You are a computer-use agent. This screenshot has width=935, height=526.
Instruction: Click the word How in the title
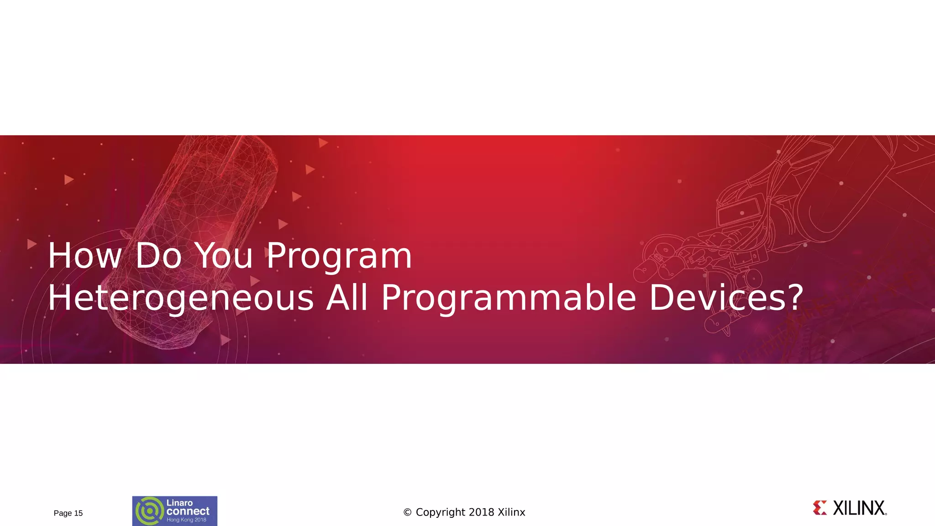click(85, 256)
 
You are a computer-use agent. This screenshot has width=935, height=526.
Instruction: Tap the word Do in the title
click(158, 256)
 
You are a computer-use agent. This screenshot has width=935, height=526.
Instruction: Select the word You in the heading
click(224, 256)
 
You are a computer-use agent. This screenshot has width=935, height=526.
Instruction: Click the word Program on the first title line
click(339, 257)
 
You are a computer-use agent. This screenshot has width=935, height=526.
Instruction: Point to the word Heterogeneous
click(180, 298)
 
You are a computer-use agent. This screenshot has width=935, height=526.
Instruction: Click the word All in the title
click(347, 298)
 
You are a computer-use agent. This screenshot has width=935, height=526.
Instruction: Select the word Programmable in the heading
click(509, 298)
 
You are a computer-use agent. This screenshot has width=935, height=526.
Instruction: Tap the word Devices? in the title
click(726, 298)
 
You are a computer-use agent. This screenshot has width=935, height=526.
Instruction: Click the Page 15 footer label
click(68, 513)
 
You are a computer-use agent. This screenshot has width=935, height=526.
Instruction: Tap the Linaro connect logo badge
click(175, 511)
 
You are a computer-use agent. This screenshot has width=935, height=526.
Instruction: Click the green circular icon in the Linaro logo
click(149, 511)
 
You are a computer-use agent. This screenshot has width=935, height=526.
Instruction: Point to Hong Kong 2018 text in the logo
click(186, 520)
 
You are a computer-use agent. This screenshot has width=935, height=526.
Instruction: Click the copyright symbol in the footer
click(408, 513)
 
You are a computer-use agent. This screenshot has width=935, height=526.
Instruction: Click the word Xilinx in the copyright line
click(511, 512)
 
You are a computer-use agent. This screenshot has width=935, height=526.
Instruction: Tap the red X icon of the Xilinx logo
click(820, 508)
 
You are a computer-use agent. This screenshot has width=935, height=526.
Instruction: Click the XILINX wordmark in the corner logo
click(859, 508)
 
